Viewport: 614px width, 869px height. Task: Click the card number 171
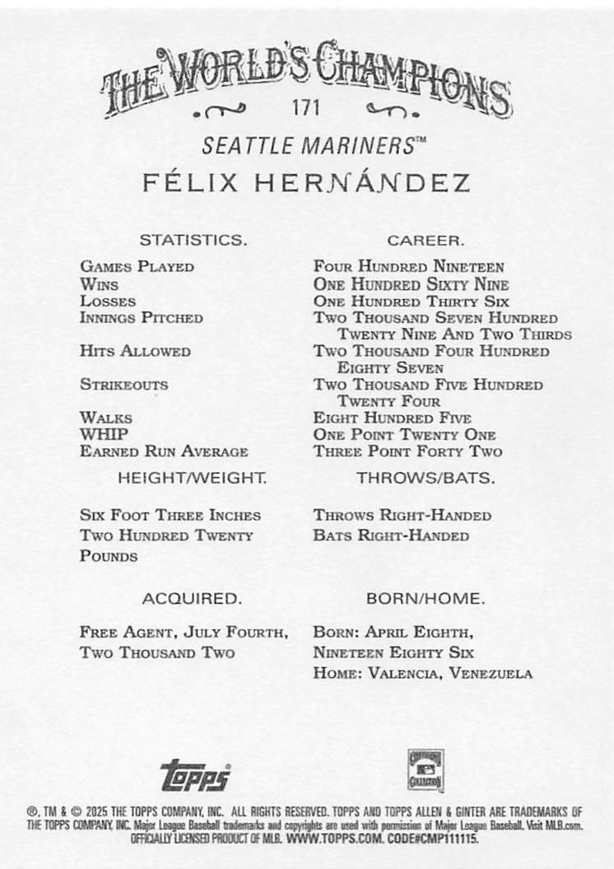point(305,108)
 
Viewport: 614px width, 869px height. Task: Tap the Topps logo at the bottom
point(195,775)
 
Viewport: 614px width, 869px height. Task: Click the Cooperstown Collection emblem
point(426,770)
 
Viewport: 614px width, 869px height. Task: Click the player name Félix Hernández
point(307,183)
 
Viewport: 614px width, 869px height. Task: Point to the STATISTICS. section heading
point(193,241)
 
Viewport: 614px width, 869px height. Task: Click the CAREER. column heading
point(426,241)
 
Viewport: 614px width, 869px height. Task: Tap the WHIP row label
point(104,434)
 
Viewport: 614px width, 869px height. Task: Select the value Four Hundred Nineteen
point(408,267)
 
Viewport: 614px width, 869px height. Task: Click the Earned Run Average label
point(164,451)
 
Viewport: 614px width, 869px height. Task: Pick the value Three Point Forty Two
point(407,451)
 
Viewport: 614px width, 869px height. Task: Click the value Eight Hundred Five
point(391,418)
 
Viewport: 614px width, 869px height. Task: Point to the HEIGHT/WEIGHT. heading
point(193,478)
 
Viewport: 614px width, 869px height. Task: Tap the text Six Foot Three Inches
point(170,515)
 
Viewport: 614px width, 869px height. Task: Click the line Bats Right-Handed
point(391,535)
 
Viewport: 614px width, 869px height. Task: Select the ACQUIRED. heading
point(192,598)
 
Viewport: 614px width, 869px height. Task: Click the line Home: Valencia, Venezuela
point(422,673)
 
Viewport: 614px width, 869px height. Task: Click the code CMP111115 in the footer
point(449,838)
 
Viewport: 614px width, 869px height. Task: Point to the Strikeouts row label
point(123,385)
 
